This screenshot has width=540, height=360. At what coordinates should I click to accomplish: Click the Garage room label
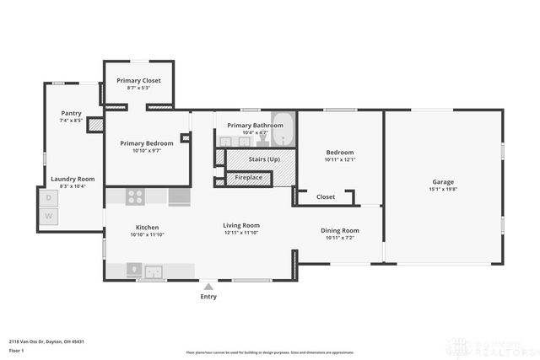pos(444,182)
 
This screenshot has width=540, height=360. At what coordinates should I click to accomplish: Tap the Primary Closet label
pos(138,81)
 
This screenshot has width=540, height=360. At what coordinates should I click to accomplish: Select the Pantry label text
pos(72,113)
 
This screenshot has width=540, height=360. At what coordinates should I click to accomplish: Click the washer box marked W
pos(48,217)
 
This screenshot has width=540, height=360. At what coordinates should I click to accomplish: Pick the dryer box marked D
pos(48,198)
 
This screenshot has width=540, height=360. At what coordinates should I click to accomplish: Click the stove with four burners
pos(136,197)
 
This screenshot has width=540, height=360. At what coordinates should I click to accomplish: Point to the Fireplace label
pos(248,178)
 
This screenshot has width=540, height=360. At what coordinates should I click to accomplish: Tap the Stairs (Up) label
pos(264,159)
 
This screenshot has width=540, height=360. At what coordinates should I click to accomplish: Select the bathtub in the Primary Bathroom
pos(284,132)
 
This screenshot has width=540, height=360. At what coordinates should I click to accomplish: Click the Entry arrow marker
pos(208,287)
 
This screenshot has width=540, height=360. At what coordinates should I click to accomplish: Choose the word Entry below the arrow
pos(208,297)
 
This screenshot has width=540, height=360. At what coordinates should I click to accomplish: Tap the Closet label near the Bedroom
pos(326,197)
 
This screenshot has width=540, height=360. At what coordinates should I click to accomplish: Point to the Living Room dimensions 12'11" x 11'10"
pos(241,233)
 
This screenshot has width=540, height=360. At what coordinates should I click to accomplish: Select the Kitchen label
pos(148,226)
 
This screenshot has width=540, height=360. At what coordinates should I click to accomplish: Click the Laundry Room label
pos(73,179)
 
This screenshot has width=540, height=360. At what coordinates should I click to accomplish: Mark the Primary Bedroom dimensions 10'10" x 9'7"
pos(147,151)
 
